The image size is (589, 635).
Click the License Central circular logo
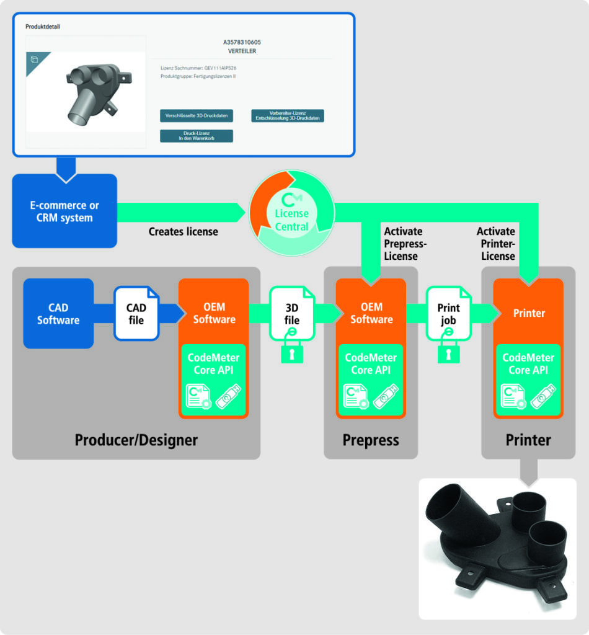[291, 214]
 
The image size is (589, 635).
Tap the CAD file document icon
[136, 313]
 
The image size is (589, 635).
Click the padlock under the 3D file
[292, 353]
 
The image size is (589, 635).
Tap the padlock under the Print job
[449, 353]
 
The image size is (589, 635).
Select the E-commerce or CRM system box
[64, 211]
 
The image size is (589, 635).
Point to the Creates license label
[183, 231]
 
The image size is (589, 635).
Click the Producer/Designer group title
[136, 440]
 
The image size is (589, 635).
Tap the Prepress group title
[371, 440]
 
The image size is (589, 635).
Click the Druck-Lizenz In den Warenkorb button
[197, 136]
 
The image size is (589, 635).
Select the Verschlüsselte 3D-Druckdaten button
[197, 116]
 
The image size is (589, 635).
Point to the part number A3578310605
[242, 42]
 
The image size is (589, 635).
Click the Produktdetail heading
[43, 27]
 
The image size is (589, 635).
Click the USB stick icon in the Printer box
[544, 396]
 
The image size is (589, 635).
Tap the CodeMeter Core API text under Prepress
[371, 364]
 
